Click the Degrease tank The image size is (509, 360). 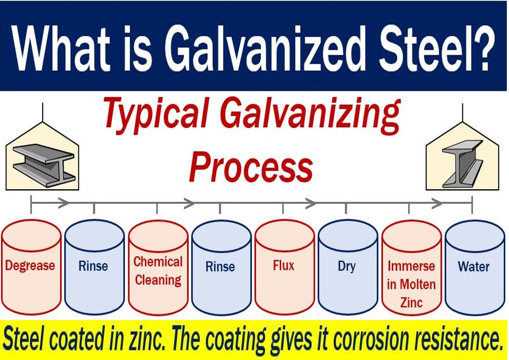31,267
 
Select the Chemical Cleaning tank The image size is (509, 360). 158,267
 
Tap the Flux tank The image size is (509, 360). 285,267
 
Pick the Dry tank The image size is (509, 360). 348,267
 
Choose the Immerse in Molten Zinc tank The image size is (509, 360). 412,267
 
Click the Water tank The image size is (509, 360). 475,267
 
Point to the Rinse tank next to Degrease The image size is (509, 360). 95,267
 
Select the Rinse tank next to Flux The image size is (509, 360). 221,267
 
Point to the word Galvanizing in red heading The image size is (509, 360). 310,116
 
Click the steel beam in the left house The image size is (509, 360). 43,165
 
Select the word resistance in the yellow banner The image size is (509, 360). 457,339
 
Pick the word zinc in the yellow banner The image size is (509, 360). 145,339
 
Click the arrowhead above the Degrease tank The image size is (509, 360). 64,203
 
